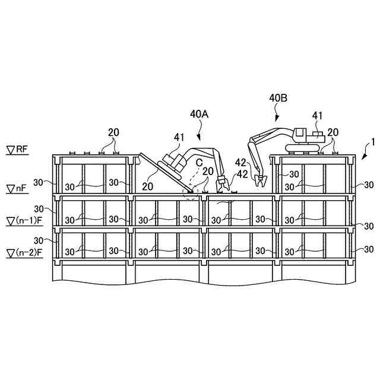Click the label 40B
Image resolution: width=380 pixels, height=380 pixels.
[278, 98]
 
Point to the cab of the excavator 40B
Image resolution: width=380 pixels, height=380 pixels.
[300, 136]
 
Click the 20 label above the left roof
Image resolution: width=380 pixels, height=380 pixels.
[113, 131]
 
